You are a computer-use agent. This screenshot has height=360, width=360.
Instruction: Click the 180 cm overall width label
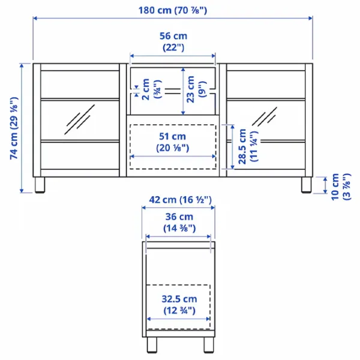point(173,11)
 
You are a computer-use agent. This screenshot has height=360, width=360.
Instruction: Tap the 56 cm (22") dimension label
point(173,42)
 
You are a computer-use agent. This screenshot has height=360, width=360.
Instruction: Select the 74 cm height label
point(14,128)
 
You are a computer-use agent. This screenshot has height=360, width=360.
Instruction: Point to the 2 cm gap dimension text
point(152,89)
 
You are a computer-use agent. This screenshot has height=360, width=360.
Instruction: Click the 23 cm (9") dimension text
point(196,89)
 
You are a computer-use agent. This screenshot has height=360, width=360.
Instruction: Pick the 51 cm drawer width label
point(172,142)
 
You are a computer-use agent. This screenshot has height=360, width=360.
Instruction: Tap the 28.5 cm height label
point(248,146)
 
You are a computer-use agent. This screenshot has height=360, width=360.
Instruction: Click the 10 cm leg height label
point(341,187)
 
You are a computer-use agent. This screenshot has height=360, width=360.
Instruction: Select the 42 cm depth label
point(180,200)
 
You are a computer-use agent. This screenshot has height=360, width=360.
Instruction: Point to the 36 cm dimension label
point(179,222)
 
